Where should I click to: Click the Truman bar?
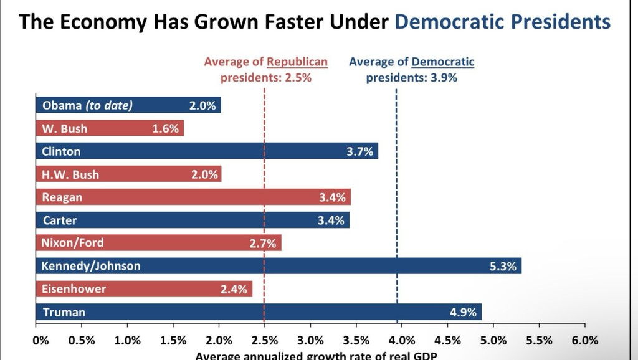click(259, 312)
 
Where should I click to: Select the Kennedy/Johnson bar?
click(279, 266)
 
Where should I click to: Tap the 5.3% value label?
click(503, 267)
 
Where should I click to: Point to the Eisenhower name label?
click(74, 289)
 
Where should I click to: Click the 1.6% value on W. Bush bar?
click(166, 129)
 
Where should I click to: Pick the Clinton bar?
click(207, 151)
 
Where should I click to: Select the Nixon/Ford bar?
click(158, 243)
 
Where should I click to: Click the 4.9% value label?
click(463, 313)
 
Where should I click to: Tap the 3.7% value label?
click(359, 152)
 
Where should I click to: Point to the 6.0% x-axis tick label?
click(584, 340)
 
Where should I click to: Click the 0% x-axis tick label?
click(40, 340)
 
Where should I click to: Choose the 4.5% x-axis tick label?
click(447, 340)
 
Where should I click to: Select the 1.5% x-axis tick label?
click(173, 340)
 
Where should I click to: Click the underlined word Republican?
click(297, 62)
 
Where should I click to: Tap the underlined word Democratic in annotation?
click(443, 62)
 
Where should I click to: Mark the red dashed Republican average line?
click(264, 206)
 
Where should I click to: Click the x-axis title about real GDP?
click(316, 356)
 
